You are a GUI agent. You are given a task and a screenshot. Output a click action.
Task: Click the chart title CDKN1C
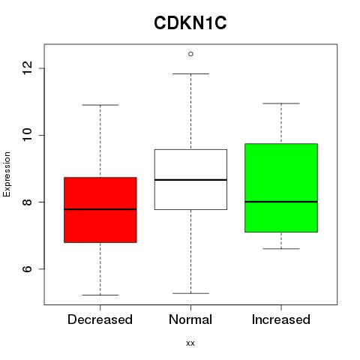coord(190,23)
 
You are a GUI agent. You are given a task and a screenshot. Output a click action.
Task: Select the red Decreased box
coord(100,210)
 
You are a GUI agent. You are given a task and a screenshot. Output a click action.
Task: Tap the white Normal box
coord(190,179)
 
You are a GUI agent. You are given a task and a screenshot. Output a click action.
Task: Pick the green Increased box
coord(281,188)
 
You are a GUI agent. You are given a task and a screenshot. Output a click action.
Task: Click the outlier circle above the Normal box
coord(190,54)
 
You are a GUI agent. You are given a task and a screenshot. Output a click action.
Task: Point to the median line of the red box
coord(100,209)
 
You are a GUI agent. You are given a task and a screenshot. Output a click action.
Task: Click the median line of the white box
coord(190,180)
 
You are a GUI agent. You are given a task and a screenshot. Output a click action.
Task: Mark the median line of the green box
coord(281,202)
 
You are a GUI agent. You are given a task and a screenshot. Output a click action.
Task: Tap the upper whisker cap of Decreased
coord(100,105)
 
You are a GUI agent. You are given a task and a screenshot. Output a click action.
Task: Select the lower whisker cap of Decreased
coord(100,295)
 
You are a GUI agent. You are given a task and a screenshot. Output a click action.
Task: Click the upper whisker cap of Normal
coord(190,73)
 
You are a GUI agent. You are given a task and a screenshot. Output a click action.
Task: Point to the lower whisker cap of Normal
coord(190,293)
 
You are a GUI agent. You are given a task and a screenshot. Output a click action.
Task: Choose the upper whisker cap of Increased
coord(281,103)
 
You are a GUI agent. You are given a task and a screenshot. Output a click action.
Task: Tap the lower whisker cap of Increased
coord(281,249)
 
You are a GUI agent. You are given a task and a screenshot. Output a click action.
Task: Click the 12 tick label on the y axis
coord(27,68)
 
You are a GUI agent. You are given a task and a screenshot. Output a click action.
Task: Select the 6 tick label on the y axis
coord(27,268)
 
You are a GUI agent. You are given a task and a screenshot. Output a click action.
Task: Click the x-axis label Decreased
coord(100,319)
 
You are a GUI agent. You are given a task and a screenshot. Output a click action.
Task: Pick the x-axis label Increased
coord(281,319)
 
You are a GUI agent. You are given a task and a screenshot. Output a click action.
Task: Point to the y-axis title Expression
coord(7,174)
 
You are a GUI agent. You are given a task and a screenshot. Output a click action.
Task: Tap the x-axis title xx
coord(190,343)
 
